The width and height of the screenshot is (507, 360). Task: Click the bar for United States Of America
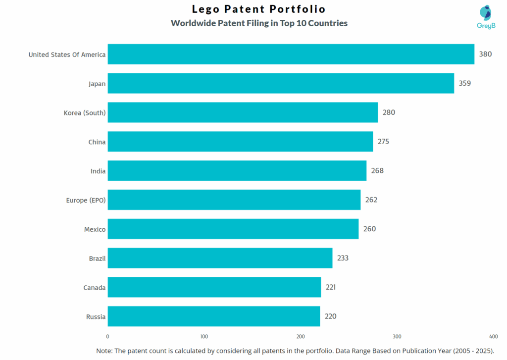point(291,54)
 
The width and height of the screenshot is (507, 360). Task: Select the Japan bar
point(281,83)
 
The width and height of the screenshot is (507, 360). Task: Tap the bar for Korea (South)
point(243,112)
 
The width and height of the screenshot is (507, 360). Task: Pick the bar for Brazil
point(220,258)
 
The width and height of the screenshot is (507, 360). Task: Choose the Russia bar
point(213,316)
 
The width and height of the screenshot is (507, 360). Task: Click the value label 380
point(485,54)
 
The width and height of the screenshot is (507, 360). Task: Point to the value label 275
point(383,142)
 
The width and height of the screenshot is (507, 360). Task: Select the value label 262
point(371,200)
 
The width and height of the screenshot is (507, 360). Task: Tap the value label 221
point(331,287)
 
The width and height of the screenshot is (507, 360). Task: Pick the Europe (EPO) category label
point(86,200)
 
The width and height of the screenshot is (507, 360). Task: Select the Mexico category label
point(95,229)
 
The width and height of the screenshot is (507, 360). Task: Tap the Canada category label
point(94,287)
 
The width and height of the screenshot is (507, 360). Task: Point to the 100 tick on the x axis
point(204,336)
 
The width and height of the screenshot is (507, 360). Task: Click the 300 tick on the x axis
point(397,336)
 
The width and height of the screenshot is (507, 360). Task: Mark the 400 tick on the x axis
point(493,336)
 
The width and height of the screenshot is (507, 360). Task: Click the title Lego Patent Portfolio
point(258,9)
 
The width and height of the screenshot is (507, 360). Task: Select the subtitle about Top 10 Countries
point(259,23)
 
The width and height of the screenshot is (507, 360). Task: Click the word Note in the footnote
point(104,351)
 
